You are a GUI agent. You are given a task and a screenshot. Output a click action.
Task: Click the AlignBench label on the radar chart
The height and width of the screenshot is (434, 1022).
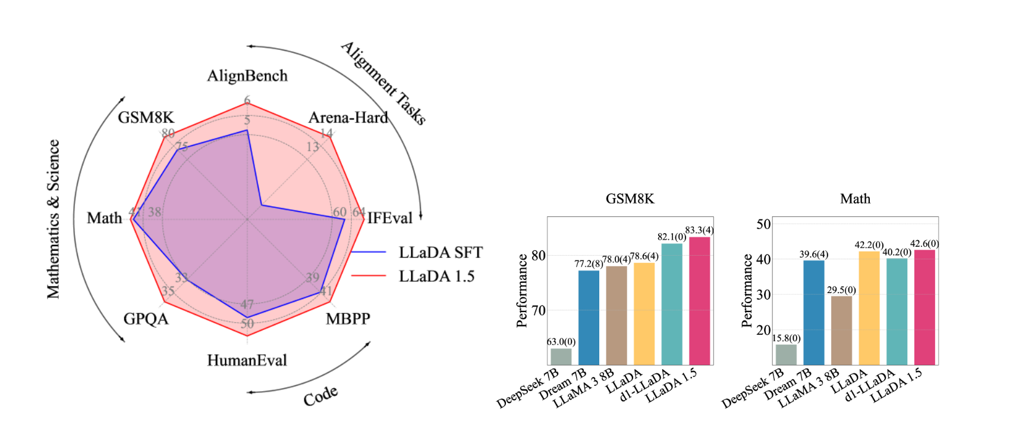pyautogui.click(x=247, y=76)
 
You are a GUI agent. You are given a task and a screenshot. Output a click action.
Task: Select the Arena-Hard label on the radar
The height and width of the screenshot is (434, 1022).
pyautogui.click(x=348, y=118)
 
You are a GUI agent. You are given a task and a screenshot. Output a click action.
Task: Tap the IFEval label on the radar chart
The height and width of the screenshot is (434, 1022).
pyautogui.click(x=389, y=218)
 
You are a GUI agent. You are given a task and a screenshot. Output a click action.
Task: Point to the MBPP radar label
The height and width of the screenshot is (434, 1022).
pyautogui.click(x=348, y=319)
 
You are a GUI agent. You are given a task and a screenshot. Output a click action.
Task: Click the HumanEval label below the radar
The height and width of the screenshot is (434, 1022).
pyautogui.click(x=247, y=360)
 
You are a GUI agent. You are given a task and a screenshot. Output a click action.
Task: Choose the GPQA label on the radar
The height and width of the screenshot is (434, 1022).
pyautogui.click(x=146, y=319)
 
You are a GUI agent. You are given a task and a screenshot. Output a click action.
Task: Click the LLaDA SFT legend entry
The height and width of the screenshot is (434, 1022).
pyautogui.click(x=440, y=253)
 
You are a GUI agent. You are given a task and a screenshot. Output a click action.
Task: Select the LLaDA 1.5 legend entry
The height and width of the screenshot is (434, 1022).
pyautogui.click(x=436, y=276)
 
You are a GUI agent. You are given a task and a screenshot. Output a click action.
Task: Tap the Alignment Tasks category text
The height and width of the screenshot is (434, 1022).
pyautogui.click(x=383, y=83)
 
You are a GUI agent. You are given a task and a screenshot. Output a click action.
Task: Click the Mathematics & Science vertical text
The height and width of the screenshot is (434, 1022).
pyautogui.click(x=54, y=219)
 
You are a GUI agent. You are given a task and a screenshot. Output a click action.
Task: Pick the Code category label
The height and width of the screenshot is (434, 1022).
pyautogui.click(x=320, y=396)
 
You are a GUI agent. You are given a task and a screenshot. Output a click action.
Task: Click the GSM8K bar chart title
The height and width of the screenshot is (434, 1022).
pyautogui.click(x=630, y=199)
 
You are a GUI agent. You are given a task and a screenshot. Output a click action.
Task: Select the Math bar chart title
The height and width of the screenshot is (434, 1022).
pyautogui.click(x=855, y=199)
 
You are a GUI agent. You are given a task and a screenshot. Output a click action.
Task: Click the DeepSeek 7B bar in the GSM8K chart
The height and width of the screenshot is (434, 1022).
pyautogui.click(x=561, y=356)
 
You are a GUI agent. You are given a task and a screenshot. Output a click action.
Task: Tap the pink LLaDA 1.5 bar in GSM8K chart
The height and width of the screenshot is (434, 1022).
pyautogui.click(x=699, y=300)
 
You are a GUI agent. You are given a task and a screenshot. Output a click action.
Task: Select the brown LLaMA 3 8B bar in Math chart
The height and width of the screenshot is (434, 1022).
pyautogui.click(x=841, y=330)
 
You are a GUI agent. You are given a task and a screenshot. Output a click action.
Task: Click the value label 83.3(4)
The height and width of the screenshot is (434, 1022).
pyautogui.click(x=699, y=230)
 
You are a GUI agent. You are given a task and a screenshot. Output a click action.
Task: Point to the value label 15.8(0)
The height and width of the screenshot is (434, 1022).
pyautogui.click(x=786, y=338)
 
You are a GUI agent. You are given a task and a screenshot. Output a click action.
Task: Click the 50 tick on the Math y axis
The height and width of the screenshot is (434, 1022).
pyautogui.click(x=763, y=224)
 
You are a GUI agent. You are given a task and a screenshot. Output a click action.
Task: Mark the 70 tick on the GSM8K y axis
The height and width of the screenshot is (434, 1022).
pyautogui.click(x=539, y=310)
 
